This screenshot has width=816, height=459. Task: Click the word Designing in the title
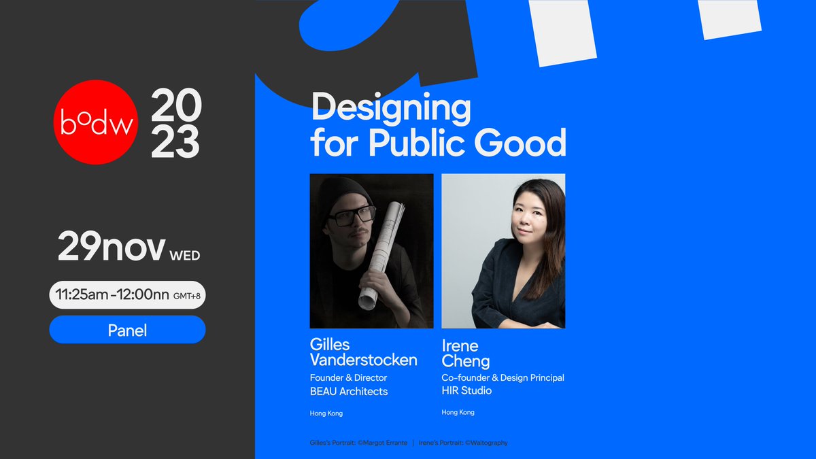pyautogui.click(x=390, y=109)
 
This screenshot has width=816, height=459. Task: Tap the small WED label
pyautogui.click(x=184, y=256)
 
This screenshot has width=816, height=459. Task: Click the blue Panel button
pyautogui.click(x=127, y=330)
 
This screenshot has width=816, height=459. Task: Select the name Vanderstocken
pyautogui.click(x=364, y=360)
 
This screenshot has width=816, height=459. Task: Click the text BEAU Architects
pyautogui.click(x=349, y=391)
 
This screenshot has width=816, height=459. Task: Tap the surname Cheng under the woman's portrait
pyautogui.click(x=465, y=361)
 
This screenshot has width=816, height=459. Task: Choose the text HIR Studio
pyautogui.click(x=466, y=391)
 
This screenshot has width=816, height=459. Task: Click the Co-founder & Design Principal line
pyautogui.click(x=503, y=377)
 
